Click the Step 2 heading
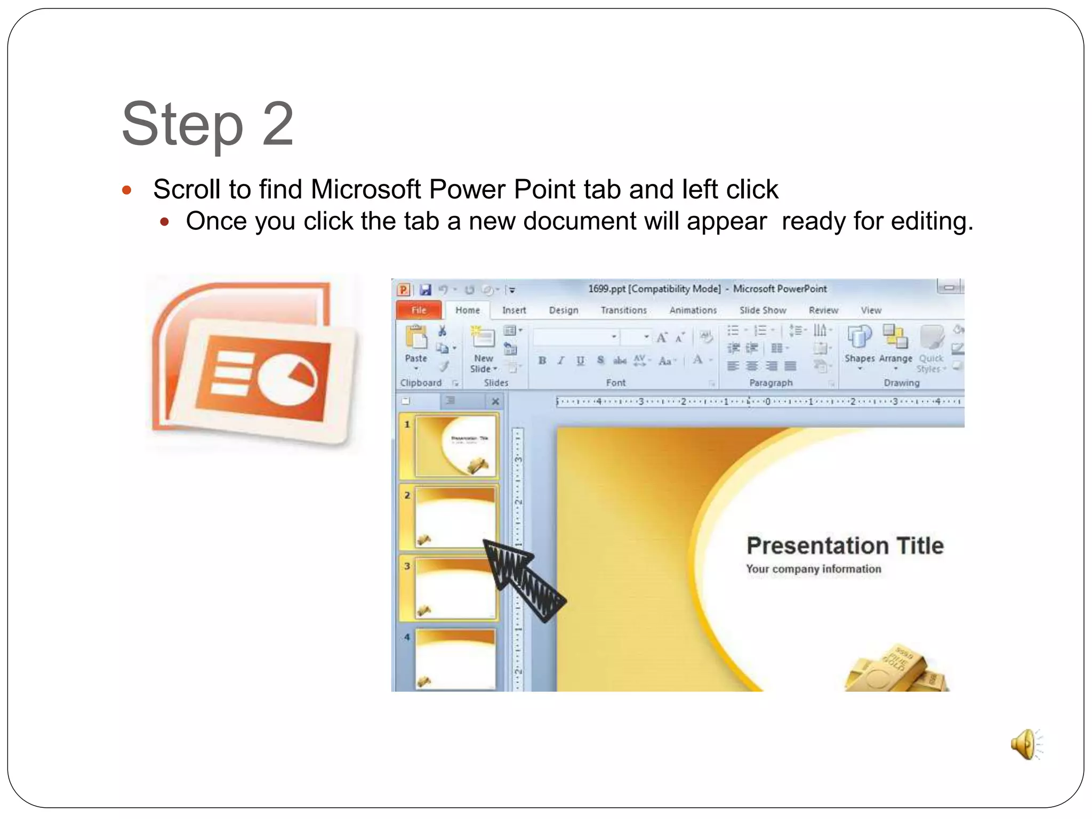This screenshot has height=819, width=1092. (207, 124)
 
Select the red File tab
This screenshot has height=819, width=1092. (419, 310)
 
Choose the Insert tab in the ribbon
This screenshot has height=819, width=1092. (513, 310)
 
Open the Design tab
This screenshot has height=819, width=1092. (563, 310)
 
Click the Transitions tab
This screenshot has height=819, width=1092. (623, 310)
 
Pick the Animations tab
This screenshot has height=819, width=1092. (693, 310)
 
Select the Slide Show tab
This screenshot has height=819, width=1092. (762, 310)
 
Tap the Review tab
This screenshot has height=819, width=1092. (823, 310)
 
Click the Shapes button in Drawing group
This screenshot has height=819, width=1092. (859, 344)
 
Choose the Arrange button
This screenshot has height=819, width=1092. (895, 344)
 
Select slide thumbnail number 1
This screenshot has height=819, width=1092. (455, 446)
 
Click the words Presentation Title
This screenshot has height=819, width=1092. (845, 546)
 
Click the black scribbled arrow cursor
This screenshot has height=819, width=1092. (523, 579)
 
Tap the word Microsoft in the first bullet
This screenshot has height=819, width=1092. (365, 190)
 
